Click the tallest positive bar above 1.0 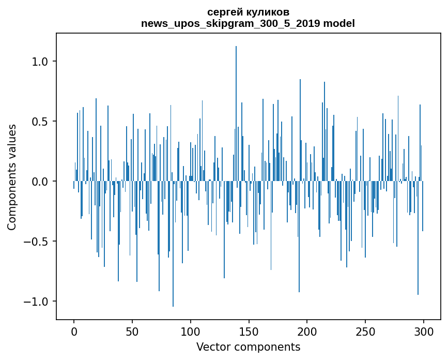(236, 103)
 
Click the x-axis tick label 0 (74, 331)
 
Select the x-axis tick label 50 (132, 331)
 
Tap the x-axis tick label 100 (191, 331)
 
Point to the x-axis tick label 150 (249, 331)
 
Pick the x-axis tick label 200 (307, 331)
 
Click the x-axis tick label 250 (365, 331)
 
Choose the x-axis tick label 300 (424, 331)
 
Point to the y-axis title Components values (12, 177)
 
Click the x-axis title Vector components (248, 347)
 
